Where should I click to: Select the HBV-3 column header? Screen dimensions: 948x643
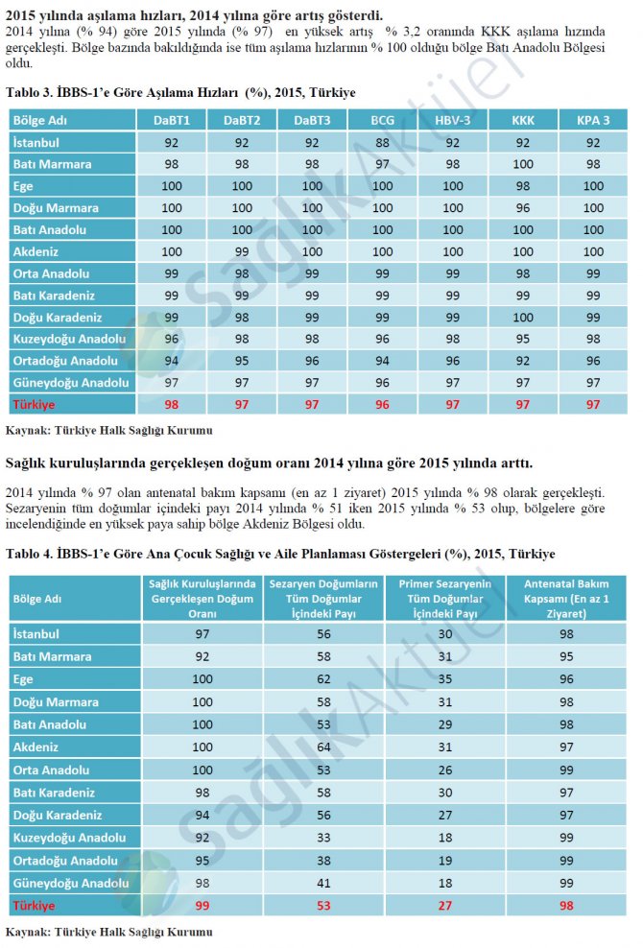[x=453, y=121]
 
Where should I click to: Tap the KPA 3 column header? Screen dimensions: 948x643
[x=593, y=121]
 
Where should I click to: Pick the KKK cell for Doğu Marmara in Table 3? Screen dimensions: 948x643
[x=523, y=208]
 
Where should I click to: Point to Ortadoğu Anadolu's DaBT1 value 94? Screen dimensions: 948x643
[x=172, y=361]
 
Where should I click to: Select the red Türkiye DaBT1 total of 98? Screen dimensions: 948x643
[x=172, y=405]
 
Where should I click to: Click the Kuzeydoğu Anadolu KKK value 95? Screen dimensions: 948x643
[x=523, y=340]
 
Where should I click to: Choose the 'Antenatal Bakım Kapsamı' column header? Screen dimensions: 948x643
[x=566, y=598]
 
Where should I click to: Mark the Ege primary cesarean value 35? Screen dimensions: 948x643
[x=445, y=679]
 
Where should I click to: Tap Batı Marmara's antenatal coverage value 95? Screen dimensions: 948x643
[x=566, y=656]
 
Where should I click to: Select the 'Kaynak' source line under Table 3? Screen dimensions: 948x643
[x=108, y=428]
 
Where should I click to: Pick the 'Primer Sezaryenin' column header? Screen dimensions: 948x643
[x=445, y=598]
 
